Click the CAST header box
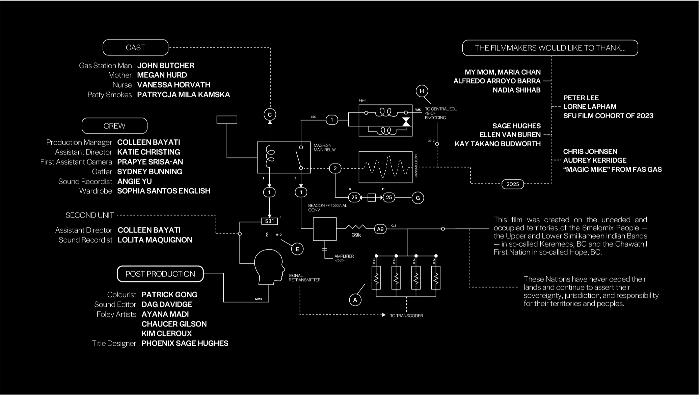pos(135,48)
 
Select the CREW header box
pos(114,126)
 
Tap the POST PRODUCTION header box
pos(160,274)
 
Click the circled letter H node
pos(422,91)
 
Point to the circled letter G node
pos(418,198)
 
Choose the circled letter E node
pos(297,249)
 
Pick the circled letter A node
pos(355,300)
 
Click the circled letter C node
pos(270,115)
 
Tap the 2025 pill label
pos(512,184)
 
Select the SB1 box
pos(269,221)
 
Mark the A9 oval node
pos(380,229)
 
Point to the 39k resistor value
pos(356,235)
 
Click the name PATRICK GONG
pos(169,295)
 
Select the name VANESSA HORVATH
pos(173,85)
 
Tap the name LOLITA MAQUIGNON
pos(155,240)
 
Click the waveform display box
pos(385,167)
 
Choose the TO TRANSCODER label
pos(406,316)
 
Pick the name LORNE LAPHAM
pos(590,107)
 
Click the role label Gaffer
pos(102,172)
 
